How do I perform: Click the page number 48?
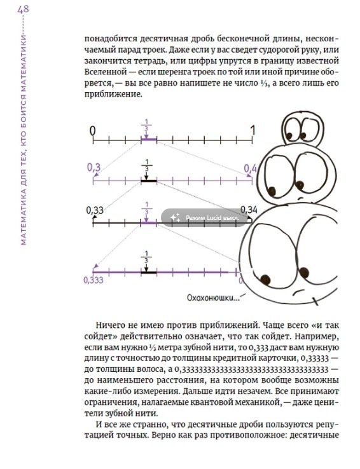(x=24, y=10)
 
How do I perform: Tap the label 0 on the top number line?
(x=93, y=130)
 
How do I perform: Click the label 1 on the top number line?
(x=253, y=130)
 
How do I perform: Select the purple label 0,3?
(x=93, y=168)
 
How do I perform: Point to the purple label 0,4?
(x=250, y=168)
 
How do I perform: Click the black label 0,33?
(x=94, y=209)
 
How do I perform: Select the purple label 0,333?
(x=93, y=279)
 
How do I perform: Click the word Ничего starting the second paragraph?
(x=109, y=323)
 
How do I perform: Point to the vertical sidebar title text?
(x=24, y=127)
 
